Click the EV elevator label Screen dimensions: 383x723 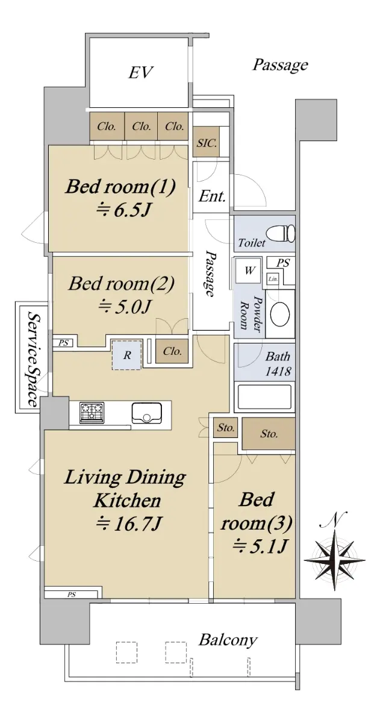pyautogui.click(x=140, y=72)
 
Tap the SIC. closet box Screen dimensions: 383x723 pyautogui.click(x=207, y=142)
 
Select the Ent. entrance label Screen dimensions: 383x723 pyautogui.click(x=211, y=196)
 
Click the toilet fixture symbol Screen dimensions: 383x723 pyautogui.click(x=281, y=234)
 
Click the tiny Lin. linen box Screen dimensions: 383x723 pyautogui.click(x=273, y=279)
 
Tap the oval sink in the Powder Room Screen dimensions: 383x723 pyautogui.click(x=280, y=314)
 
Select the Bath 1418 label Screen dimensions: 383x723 pyautogui.click(x=278, y=364)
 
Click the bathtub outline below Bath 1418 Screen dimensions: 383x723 pyautogui.click(x=264, y=396)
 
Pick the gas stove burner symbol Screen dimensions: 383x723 pyautogui.click(x=92, y=413)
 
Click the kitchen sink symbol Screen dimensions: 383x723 pyautogui.click(x=146, y=413)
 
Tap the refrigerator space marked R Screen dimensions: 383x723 pyautogui.click(x=127, y=355)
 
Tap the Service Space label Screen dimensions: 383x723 pyautogui.click(x=33, y=358)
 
